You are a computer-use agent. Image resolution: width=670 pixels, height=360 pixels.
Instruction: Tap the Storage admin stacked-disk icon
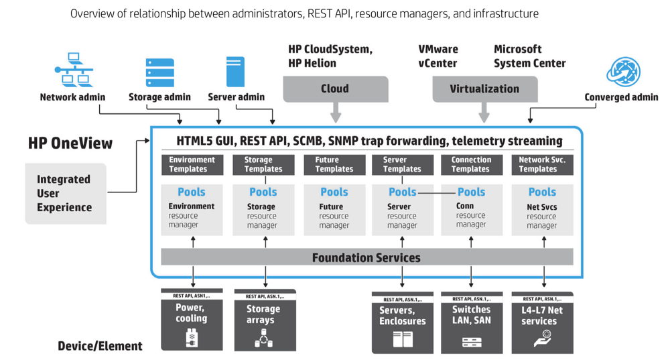pyautogui.click(x=160, y=72)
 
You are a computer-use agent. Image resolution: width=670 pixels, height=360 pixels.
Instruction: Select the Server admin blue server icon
pyautogui.click(x=235, y=72)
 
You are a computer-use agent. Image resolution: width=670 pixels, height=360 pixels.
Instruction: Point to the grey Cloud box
pyautogui.click(x=335, y=88)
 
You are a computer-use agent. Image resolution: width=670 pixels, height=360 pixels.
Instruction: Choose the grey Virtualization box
pyautogui.click(x=484, y=88)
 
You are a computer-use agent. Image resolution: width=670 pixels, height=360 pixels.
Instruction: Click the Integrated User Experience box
pyautogui.click(x=65, y=193)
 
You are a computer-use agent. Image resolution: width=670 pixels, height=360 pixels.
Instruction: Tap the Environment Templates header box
pyautogui.click(x=192, y=164)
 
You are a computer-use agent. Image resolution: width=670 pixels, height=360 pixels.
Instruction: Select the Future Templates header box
pyautogui.click(x=334, y=164)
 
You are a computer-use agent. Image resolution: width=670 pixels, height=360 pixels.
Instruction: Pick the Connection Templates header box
pyautogui.click(x=470, y=164)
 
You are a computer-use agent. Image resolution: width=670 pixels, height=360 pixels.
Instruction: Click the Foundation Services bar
pyautogui.click(x=366, y=257)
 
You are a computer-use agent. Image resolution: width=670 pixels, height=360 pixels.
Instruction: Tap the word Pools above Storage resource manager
pyautogui.click(x=263, y=192)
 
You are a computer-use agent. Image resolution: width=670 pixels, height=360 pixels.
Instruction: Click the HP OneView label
pyautogui.click(x=70, y=143)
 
